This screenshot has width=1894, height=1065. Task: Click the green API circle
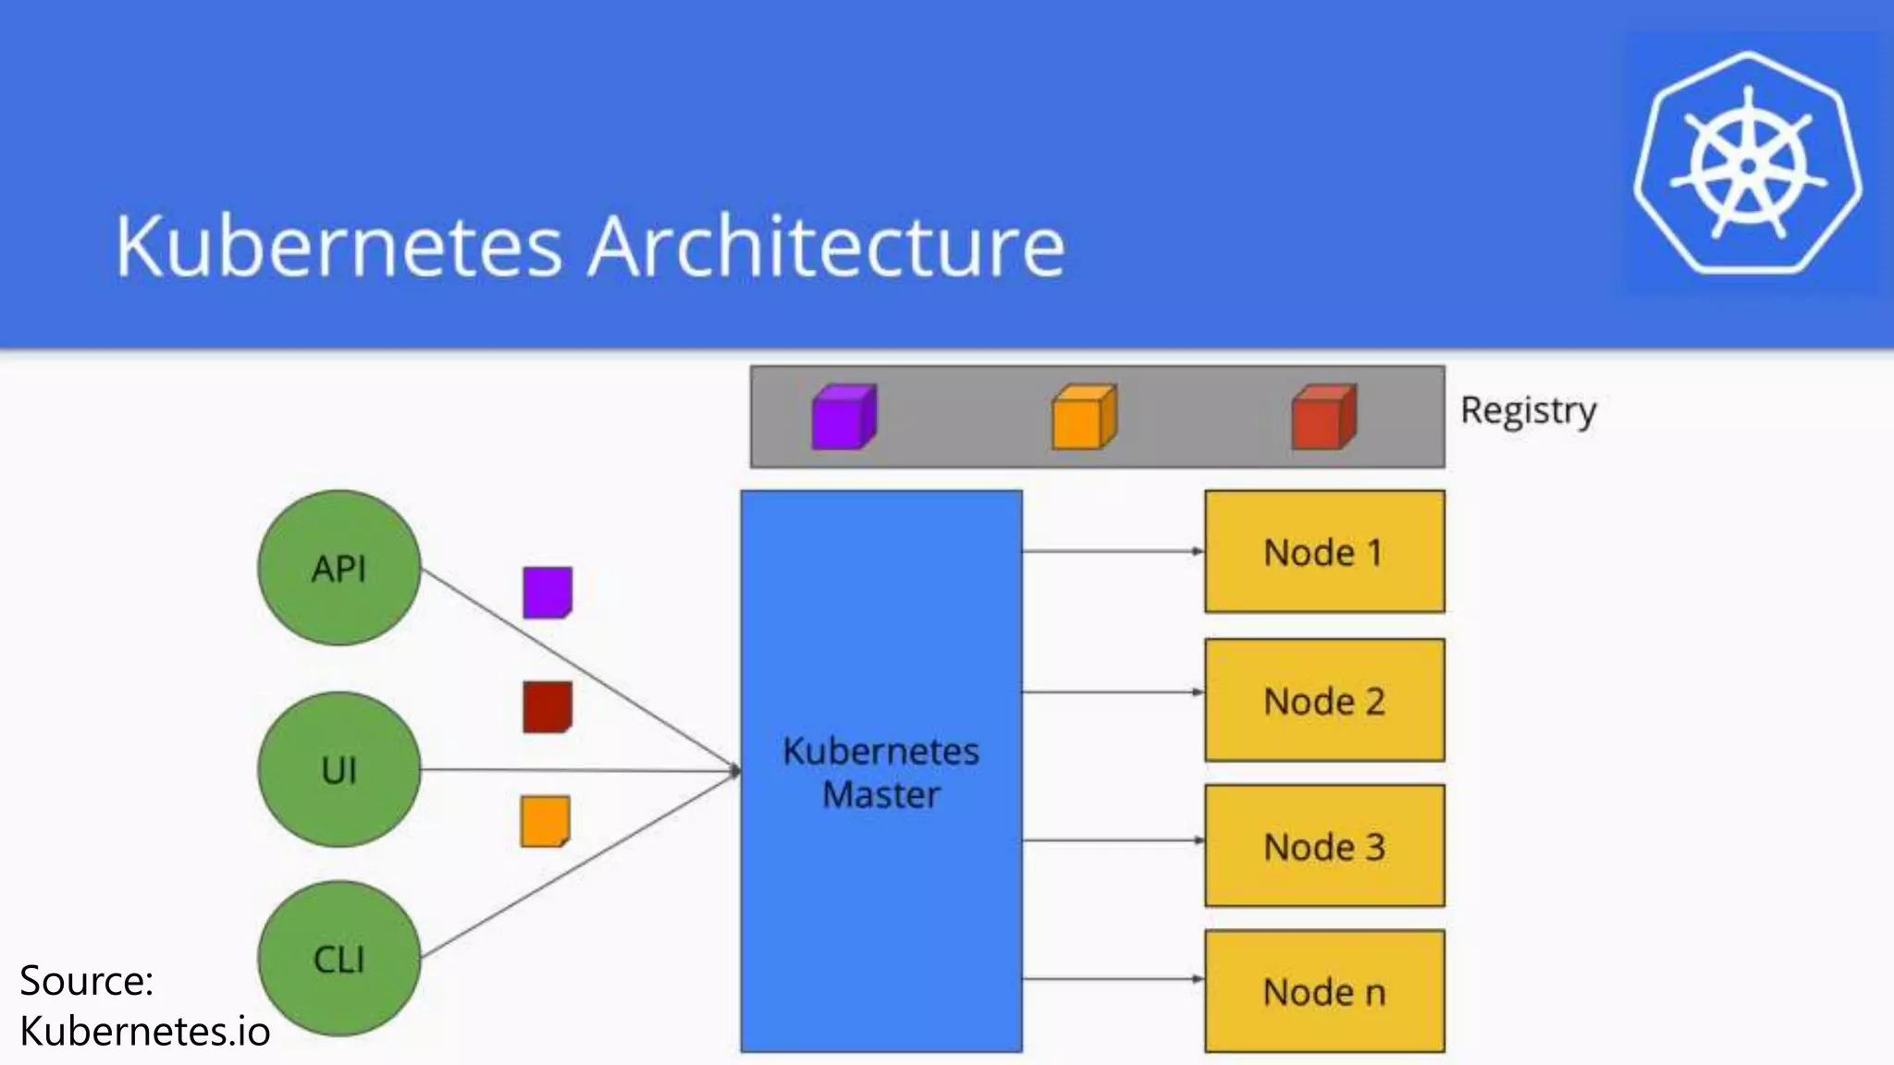click(339, 568)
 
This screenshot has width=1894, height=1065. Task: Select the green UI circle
click(339, 769)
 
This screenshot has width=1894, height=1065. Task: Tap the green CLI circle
click(339, 959)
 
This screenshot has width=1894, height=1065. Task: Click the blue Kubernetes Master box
click(881, 771)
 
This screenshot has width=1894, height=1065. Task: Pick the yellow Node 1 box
click(1324, 552)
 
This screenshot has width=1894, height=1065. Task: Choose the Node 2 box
click(1324, 701)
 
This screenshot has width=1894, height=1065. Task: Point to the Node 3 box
click(1324, 846)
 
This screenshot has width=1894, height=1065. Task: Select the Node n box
click(1324, 991)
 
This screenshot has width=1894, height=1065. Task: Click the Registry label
click(1528, 410)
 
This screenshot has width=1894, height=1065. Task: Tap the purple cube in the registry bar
click(843, 418)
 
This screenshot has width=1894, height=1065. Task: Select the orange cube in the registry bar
click(1084, 418)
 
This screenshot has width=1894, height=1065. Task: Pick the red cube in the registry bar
click(1323, 418)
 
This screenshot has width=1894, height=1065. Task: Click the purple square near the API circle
click(547, 592)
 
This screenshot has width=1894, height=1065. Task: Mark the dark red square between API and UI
click(547, 707)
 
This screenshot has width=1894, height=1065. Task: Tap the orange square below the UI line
click(546, 821)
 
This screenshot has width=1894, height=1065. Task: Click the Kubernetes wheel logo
click(1748, 165)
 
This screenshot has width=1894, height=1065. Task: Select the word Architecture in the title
click(827, 246)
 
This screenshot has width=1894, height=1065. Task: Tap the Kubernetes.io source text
click(145, 1031)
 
